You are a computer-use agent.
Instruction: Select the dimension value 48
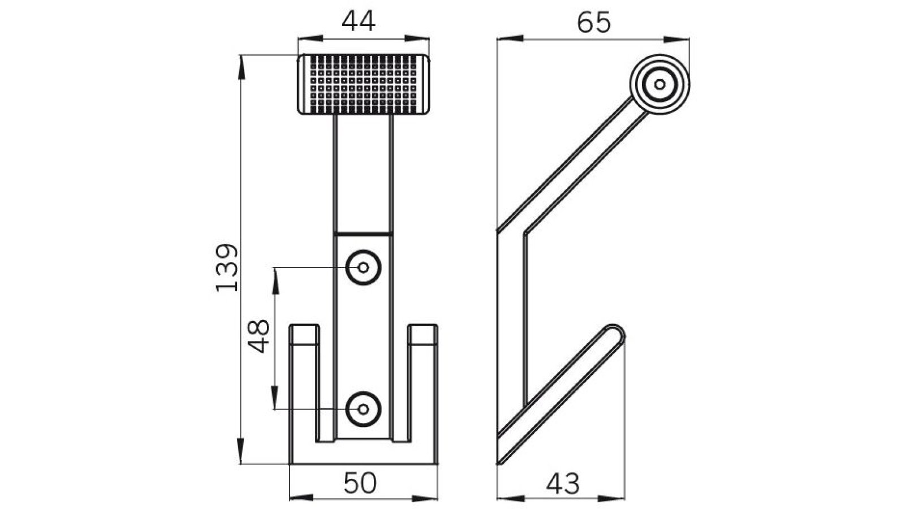(260, 336)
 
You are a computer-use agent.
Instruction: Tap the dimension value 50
(360, 484)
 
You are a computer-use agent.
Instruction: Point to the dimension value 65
(594, 23)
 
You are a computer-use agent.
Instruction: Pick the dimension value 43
(563, 484)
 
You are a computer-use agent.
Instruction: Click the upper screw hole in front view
(363, 267)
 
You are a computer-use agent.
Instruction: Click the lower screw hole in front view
(363, 408)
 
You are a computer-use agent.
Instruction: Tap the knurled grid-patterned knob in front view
(363, 84)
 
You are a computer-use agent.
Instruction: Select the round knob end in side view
(660, 84)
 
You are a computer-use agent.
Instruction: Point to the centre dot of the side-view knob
(660, 84)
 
